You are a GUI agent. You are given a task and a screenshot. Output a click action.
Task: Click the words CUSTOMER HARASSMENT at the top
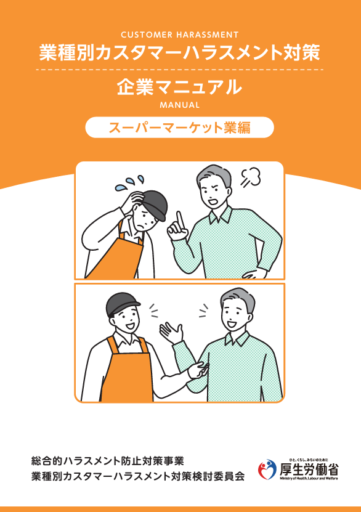click(179, 35)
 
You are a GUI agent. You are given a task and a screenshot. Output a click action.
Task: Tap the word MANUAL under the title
click(179, 105)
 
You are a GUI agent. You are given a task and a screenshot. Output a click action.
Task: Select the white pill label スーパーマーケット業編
click(179, 128)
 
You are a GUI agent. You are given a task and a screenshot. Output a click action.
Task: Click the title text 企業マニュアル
click(179, 87)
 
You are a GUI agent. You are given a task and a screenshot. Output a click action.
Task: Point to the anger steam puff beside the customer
click(251, 177)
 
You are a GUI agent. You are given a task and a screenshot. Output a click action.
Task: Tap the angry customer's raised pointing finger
click(179, 221)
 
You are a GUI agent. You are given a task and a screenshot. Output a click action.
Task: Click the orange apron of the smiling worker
click(128, 372)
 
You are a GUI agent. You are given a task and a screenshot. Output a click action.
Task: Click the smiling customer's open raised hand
click(171, 331)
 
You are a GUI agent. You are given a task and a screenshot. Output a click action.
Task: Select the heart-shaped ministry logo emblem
click(267, 469)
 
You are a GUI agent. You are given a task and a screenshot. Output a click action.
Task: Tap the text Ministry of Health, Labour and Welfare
click(309, 478)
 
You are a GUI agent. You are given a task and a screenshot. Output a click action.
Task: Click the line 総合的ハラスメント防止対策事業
click(107, 461)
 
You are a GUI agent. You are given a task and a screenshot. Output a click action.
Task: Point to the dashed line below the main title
click(179, 70)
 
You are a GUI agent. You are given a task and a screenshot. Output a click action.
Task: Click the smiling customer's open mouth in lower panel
click(232, 324)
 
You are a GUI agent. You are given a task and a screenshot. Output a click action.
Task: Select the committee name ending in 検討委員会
click(138, 476)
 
